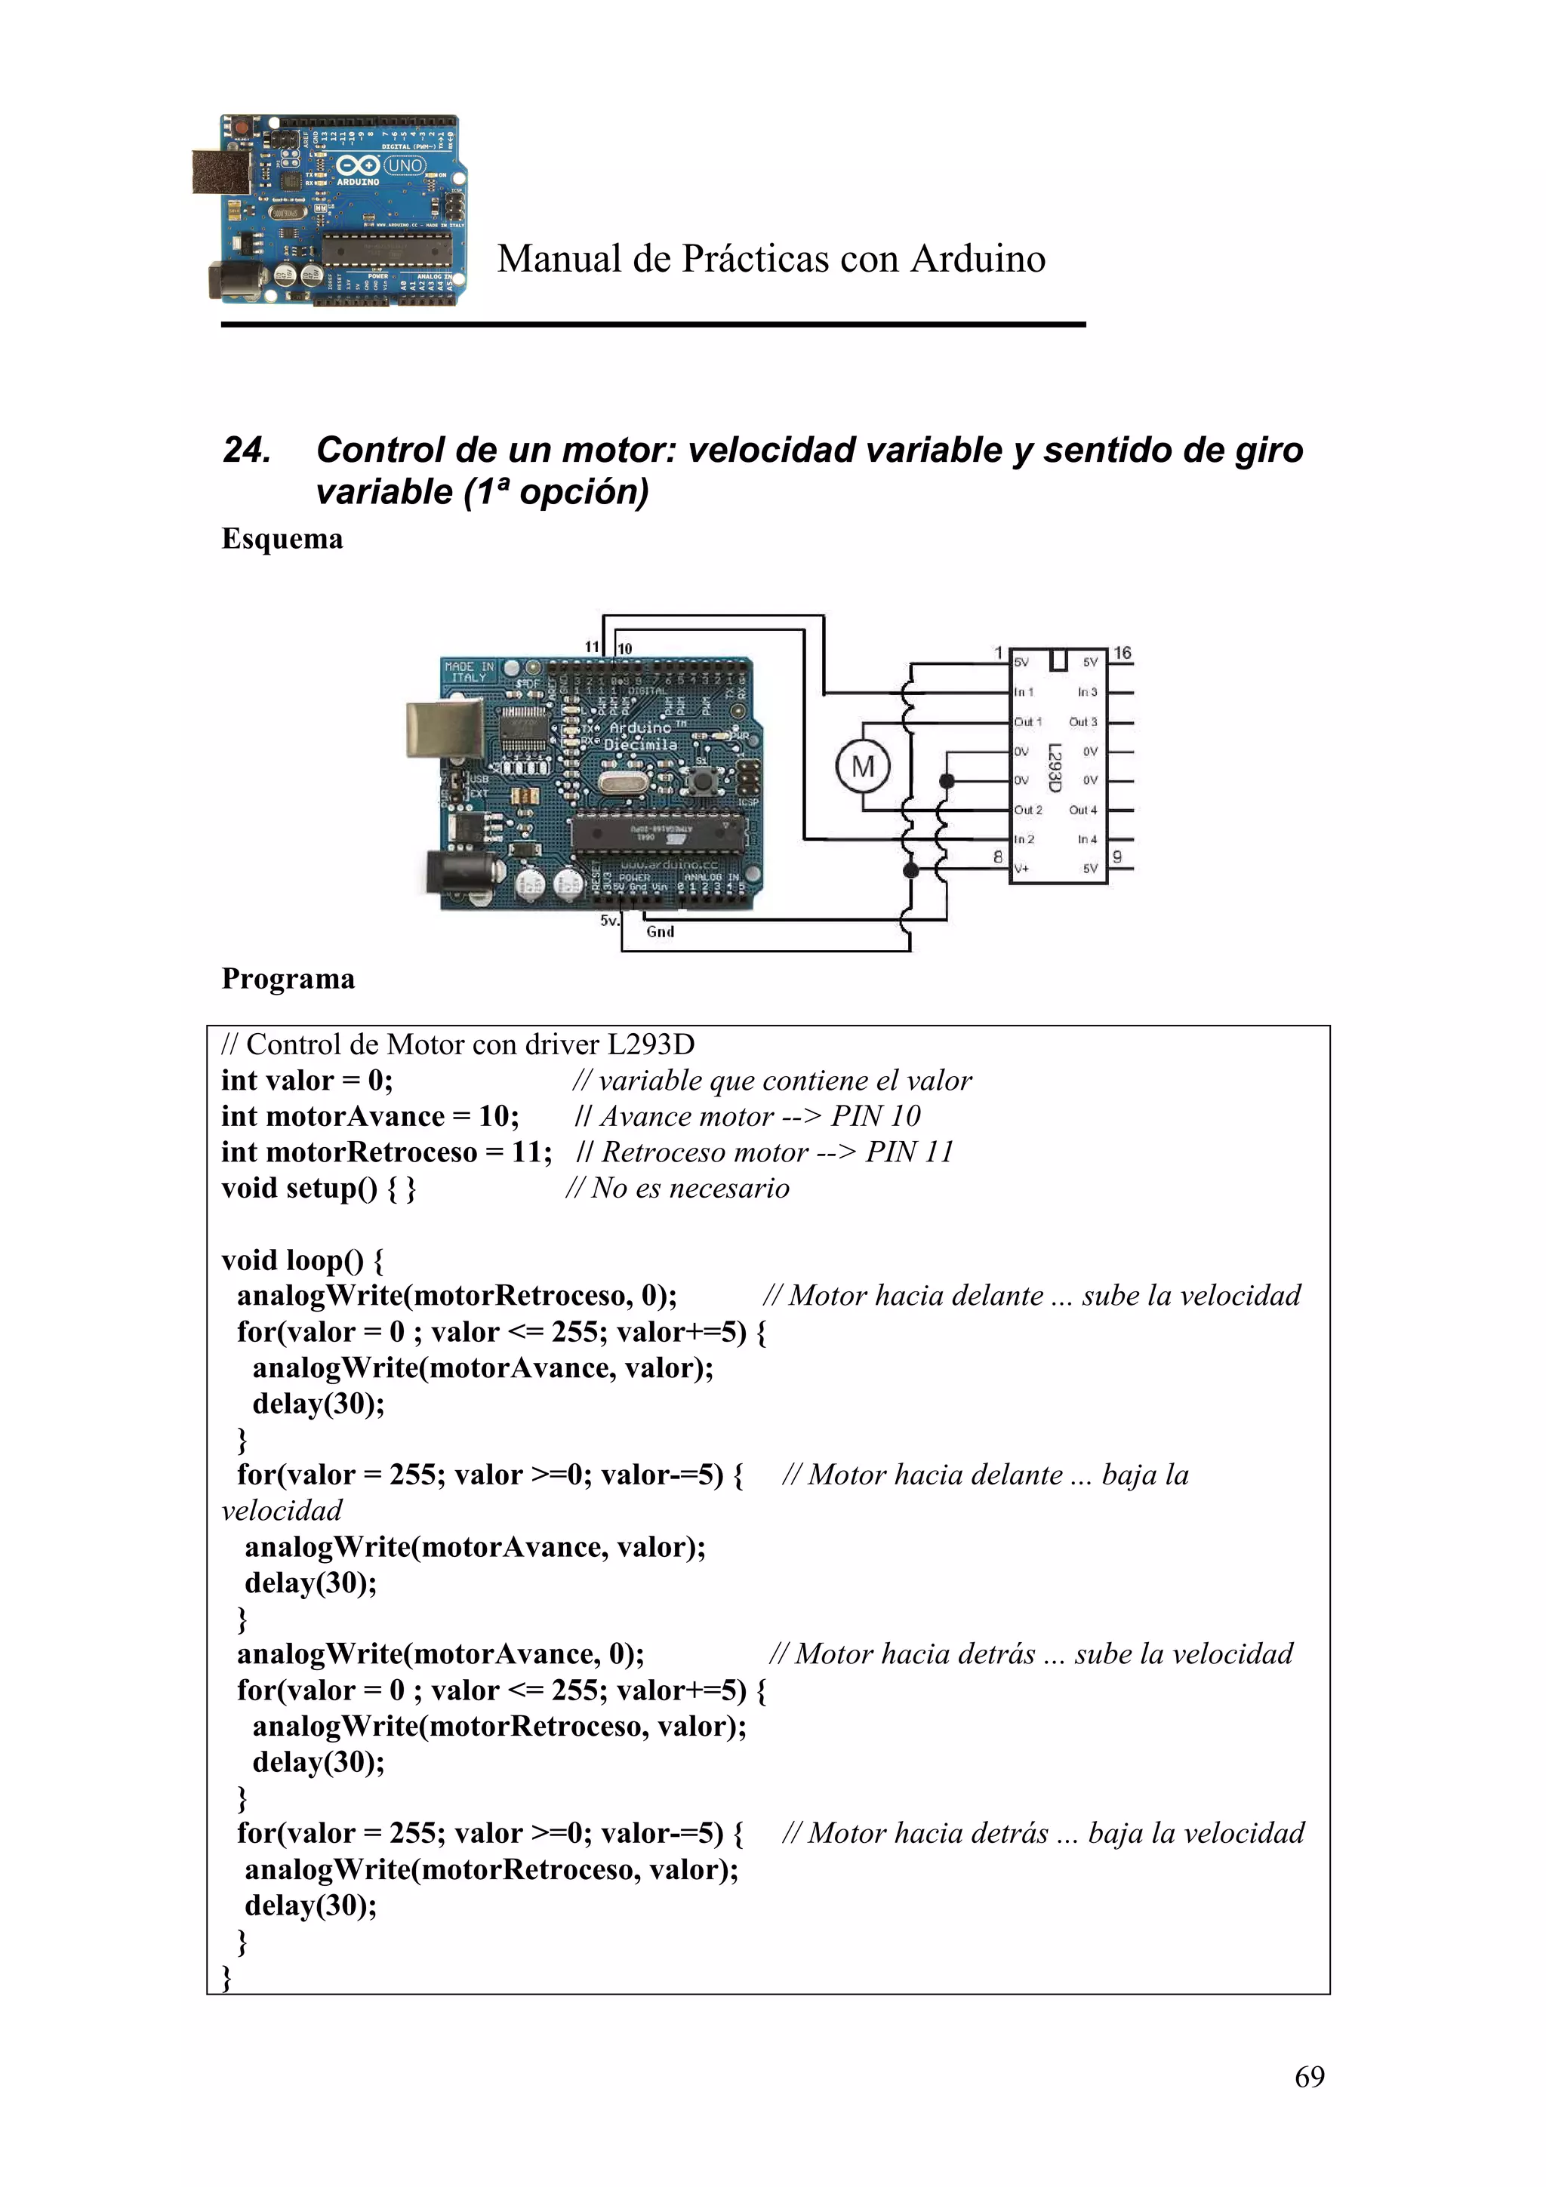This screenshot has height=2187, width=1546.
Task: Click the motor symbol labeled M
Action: [862, 767]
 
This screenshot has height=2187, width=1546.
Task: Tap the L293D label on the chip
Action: [1055, 767]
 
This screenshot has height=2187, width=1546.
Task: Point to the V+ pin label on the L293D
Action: [1021, 869]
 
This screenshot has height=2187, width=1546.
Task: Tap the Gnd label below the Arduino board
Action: [660, 931]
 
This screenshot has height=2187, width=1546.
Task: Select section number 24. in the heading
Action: [247, 450]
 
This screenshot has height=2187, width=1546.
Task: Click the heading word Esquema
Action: [282, 538]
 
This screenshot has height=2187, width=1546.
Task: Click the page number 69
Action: [1309, 2077]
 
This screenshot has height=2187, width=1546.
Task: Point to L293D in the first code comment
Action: [651, 1045]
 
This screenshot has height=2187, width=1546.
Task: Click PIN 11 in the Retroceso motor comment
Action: [909, 1152]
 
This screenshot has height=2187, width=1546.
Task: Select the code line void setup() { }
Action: [318, 1189]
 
